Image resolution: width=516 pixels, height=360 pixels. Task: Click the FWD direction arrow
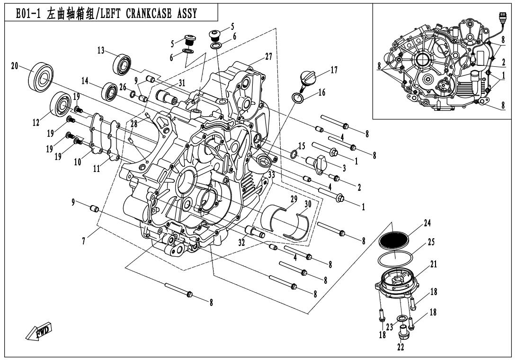pos(40,332)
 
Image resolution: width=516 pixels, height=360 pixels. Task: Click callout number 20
pos(14,66)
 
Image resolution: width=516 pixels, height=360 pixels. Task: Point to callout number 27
pos(268,57)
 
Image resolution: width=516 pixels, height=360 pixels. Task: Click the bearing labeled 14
pos(110,91)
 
